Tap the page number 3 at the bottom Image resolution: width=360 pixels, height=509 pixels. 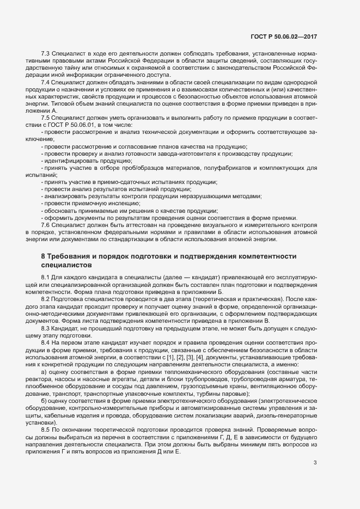(315, 478)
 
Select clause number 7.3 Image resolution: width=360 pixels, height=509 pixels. (46, 54)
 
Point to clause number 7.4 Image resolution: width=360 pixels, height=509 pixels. (46, 82)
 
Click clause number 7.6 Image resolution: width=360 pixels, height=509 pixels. (46, 225)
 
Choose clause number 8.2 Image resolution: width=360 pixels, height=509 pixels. (46, 299)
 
